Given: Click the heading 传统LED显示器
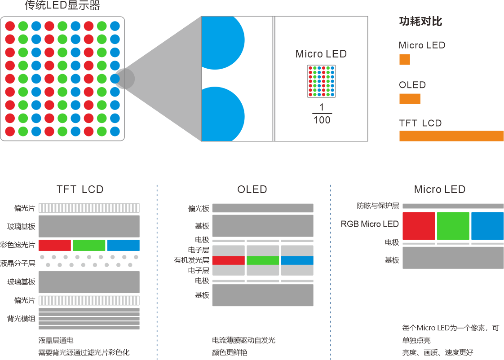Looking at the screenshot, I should pos(62,6).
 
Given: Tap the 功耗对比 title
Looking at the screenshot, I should pos(420,22).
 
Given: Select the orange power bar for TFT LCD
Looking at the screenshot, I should pos(451,136).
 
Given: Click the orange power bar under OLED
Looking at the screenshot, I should pos(410,99).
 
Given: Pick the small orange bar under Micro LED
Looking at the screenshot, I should pos(405,60).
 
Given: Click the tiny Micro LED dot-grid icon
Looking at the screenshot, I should pos(321,81).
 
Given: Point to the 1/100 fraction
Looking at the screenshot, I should pos(322,114).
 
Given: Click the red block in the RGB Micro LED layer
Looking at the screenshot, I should pos(419,226).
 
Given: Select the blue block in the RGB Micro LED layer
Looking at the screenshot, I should pos(487,226).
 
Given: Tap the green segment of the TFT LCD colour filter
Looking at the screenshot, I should pos(89,245).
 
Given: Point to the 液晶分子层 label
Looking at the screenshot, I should pos(18,263).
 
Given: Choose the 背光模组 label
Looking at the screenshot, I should pos(21,319).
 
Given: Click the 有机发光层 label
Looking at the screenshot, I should pos(192,260).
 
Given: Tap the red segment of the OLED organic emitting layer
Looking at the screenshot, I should pos(228,260).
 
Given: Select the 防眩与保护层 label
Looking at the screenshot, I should pos(378,206).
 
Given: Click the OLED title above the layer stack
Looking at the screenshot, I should pos(252,189).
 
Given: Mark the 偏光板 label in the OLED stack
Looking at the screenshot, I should pos(199,209).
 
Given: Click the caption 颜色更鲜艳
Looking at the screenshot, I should pos(230,352).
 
